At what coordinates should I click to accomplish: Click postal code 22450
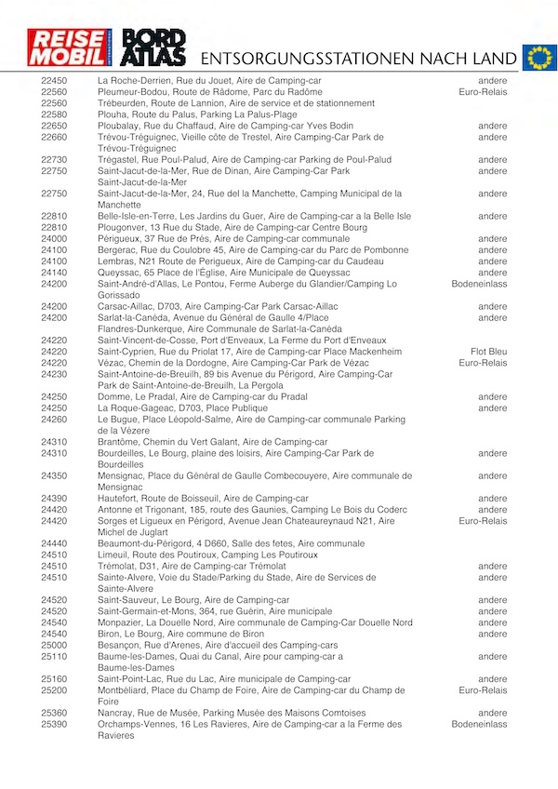54,81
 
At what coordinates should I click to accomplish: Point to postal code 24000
54,239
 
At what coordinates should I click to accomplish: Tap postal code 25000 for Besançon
54,646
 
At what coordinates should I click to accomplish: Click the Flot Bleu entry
488,352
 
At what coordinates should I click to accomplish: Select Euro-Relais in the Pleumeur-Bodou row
484,92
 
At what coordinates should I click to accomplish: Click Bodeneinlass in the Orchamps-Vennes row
480,724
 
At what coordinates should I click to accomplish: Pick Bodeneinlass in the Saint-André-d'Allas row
480,284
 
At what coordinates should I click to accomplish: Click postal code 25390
54,724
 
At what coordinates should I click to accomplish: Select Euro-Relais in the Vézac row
484,363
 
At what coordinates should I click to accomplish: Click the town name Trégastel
120,160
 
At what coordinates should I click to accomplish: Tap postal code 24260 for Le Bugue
54,420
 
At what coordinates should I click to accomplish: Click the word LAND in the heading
490,58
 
